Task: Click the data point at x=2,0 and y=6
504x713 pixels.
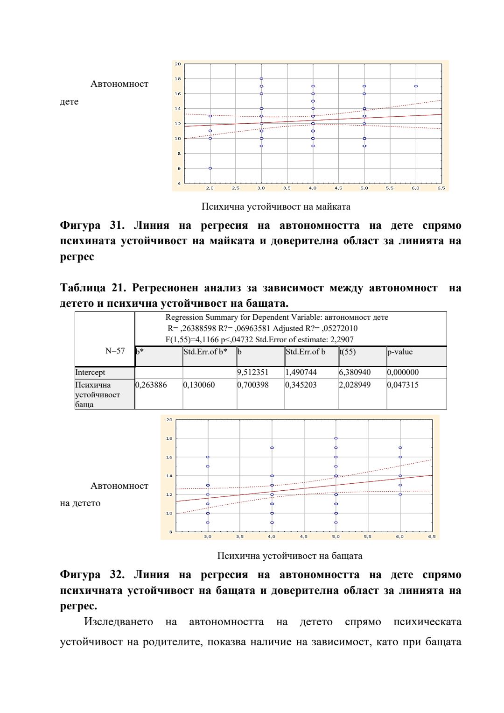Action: pos(210,168)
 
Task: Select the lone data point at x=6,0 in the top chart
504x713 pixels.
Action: pos(416,86)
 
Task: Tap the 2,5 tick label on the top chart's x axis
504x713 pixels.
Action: pos(236,188)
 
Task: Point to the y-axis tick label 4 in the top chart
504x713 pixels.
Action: pos(178,184)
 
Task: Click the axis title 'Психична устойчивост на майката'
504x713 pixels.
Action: pos(276,206)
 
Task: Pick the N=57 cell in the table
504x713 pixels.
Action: pos(115,351)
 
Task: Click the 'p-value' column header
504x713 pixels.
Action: pos(400,352)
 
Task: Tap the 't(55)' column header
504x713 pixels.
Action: pos(348,352)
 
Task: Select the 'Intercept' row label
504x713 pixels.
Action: pos(90,373)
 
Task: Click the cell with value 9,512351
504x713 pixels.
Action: pos(253,373)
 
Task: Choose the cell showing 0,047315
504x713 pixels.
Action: pos(403,385)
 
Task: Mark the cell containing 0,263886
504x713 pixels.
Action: pos(151,385)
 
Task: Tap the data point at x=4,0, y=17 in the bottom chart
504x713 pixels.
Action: pos(272,448)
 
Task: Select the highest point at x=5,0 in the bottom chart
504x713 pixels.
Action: pos(336,438)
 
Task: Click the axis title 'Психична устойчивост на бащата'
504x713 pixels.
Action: pos(290,556)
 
